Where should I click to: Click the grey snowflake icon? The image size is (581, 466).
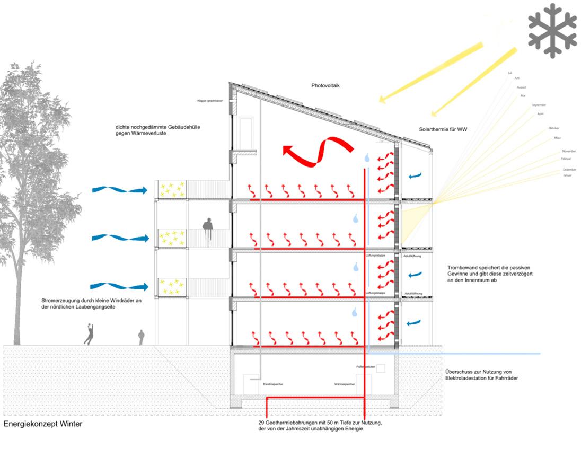[552, 30]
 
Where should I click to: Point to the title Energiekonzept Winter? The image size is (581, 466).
[43, 424]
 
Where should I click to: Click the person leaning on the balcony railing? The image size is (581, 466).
[208, 225]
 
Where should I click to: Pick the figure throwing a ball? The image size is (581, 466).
[90, 334]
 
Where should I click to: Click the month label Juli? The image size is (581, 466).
[510, 73]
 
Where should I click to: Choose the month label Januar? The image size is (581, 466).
[568, 175]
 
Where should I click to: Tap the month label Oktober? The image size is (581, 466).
[554, 128]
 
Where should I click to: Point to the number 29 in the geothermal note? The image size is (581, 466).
[254, 423]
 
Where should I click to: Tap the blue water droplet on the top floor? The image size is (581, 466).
[367, 157]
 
